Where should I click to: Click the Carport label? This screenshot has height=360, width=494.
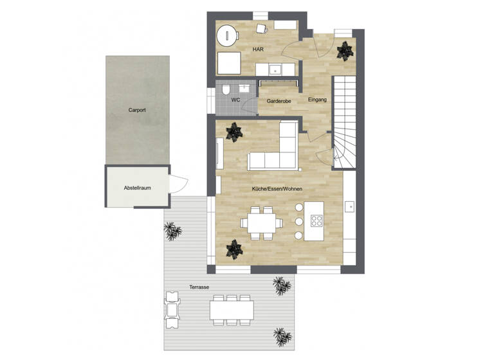(x=137, y=110)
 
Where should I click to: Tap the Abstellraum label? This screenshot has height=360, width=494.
(x=137, y=188)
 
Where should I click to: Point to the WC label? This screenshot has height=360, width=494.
(x=235, y=100)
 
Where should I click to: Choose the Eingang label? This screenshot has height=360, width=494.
(x=317, y=100)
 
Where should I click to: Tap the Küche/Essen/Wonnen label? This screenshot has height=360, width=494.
(x=277, y=188)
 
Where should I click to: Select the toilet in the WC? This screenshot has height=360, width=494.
(x=225, y=90)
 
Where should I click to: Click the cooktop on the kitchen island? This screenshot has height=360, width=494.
(x=317, y=221)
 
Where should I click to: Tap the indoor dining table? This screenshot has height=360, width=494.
(x=260, y=224)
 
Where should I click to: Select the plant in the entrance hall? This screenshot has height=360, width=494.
(x=345, y=50)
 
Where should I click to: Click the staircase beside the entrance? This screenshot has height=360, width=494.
(x=345, y=122)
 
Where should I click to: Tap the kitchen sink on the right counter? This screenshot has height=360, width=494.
(x=350, y=206)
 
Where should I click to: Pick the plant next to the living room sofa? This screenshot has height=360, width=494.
(x=233, y=134)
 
